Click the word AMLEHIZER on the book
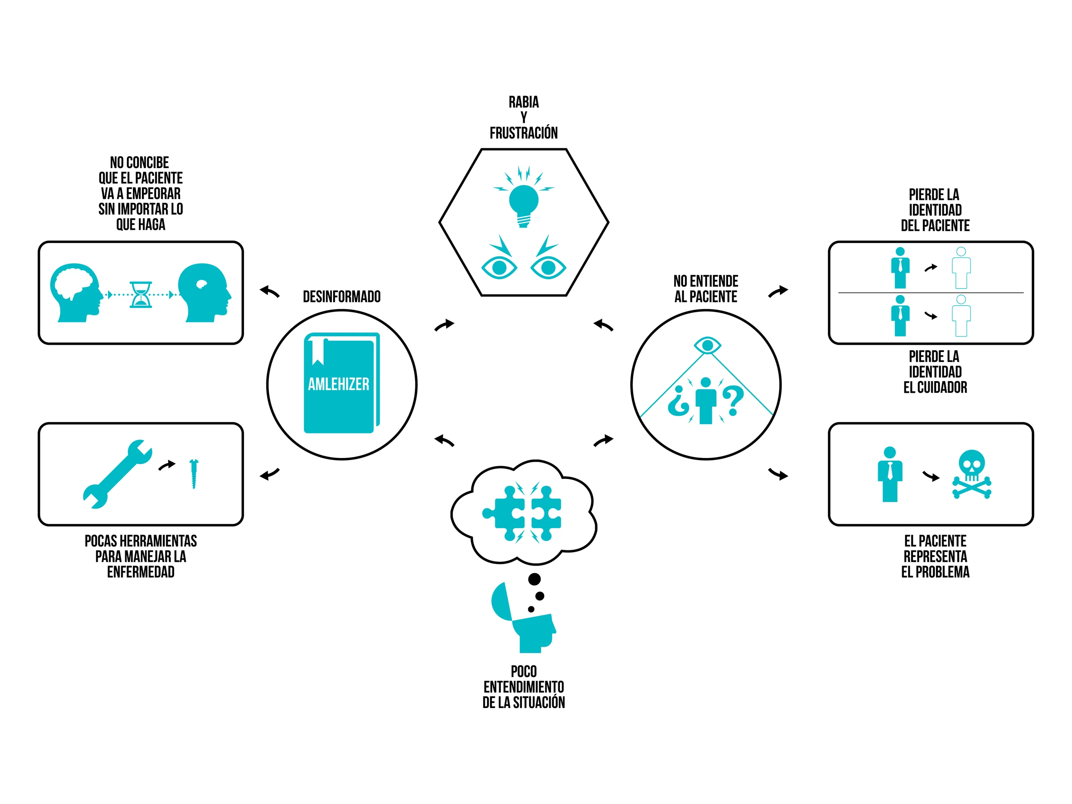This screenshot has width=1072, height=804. pyautogui.click(x=338, y=384)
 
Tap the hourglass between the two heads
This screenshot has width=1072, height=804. pyautogui.click(x=141, y=295)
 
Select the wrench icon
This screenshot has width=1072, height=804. pyautogui.click(x=118, y=474)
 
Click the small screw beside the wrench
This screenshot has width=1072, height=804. pyautogui.click(x=194, y=473)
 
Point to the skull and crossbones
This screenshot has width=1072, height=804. pyautogui.click(x=971, y=474)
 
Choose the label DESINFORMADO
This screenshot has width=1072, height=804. pyautogui.click(x=342, y=297)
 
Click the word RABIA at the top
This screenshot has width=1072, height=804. pyautogui.click(x=524, y=102)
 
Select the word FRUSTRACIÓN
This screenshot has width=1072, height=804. pyautogui.click(x=524, y=133)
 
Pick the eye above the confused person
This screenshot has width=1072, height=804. pyautogui.click(x=707, y=346)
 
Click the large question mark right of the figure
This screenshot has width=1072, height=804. pyautogui.click(x=733, y=400)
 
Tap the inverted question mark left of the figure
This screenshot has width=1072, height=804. pyautogui.click(x=678, y=401)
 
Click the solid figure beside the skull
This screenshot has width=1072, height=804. pyautogui.click(x=889, y=474)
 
